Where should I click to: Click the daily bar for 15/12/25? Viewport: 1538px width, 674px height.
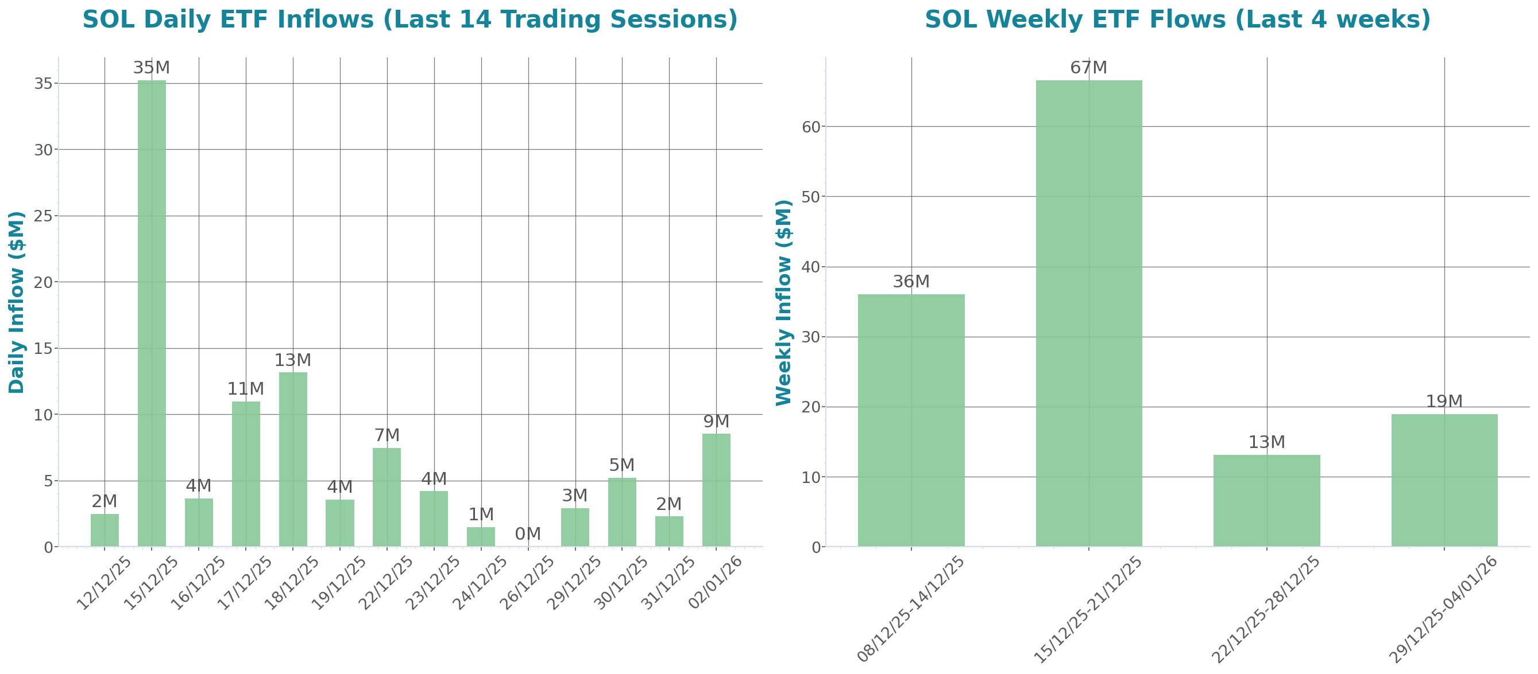pos(152,313)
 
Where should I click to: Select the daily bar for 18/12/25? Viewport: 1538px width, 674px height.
pos(293,459)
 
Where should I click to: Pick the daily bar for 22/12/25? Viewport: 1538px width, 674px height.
pos(387,497)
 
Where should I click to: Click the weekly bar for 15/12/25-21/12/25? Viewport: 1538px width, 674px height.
pos(1088,313)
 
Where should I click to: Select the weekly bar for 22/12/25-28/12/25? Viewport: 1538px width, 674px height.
pos(1266,500)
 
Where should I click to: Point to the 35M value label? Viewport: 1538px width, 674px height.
pos(152,68)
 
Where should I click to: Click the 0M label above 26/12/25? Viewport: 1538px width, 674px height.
pos(528,534)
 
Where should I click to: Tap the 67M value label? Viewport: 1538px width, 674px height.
pos(1088,68)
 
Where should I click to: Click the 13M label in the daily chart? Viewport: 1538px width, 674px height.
pos(293,360)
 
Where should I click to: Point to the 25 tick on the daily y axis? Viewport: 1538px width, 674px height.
pos(43,216)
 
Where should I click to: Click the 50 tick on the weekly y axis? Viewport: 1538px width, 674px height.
pos(811,197)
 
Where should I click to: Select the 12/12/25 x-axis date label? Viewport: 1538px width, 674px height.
pos(105,583)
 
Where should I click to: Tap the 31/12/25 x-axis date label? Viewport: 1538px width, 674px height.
pos(667,583)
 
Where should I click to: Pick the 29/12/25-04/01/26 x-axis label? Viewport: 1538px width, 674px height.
pos(1443,609)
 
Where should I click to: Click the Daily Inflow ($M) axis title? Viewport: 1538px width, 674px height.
pos(17,302)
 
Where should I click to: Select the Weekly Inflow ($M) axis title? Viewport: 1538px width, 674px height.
pos(783,302)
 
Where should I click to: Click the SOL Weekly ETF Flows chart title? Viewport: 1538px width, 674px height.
pos(1177,20)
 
